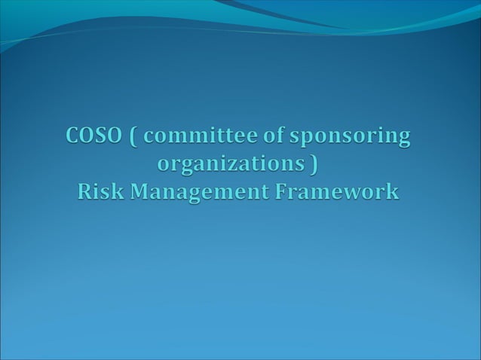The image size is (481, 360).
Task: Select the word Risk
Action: (100, 192)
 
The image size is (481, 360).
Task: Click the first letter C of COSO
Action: (73, 137)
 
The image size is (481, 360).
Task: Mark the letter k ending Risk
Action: (118, 192)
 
